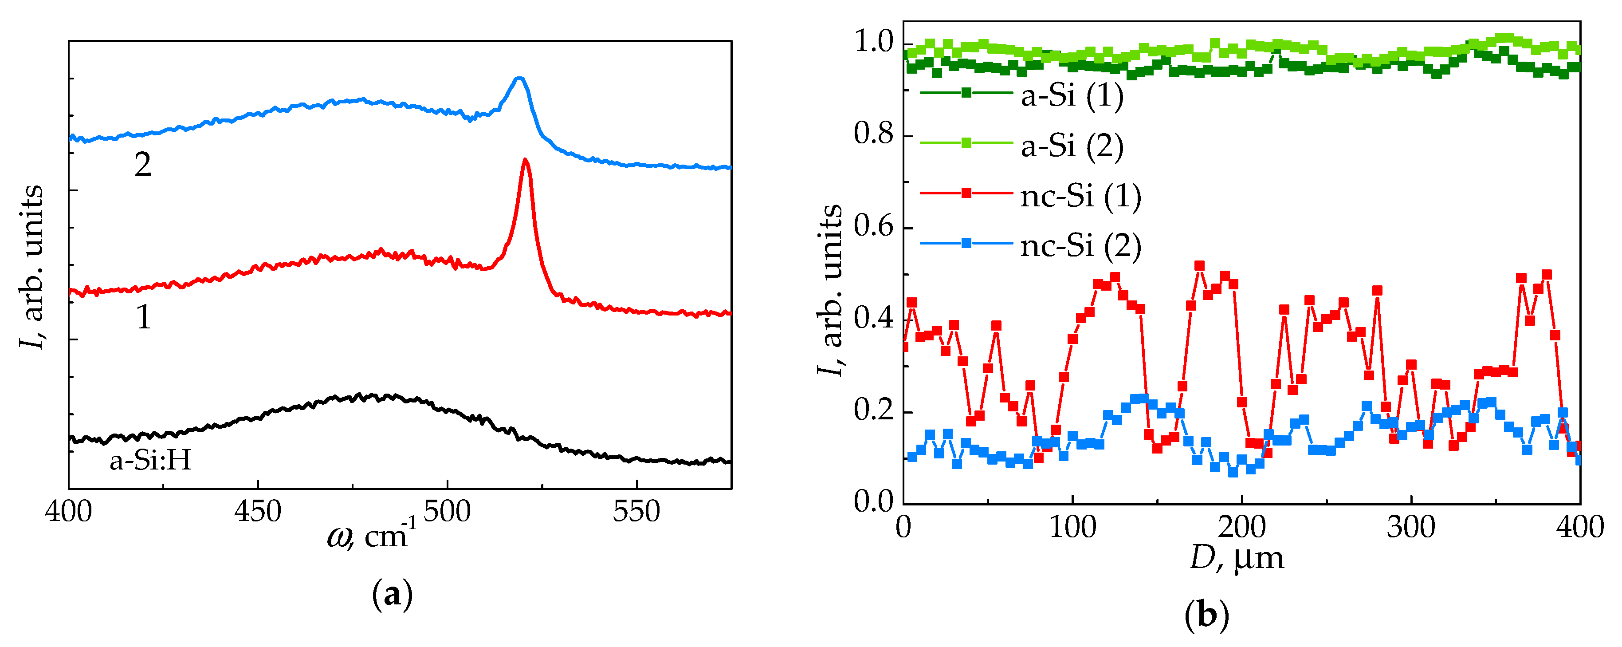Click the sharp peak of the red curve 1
click(x=525, y=161)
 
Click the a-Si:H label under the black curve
click(x=150, y=461)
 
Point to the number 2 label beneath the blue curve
click(x=143, y=165)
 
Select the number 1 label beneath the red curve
click(x=144, y=317)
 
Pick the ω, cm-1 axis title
click(x=372, y=536)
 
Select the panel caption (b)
click(x=1206, y=614)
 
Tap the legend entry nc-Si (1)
click(x=1080, y=196)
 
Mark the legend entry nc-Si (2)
click(x=1080, y=246)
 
